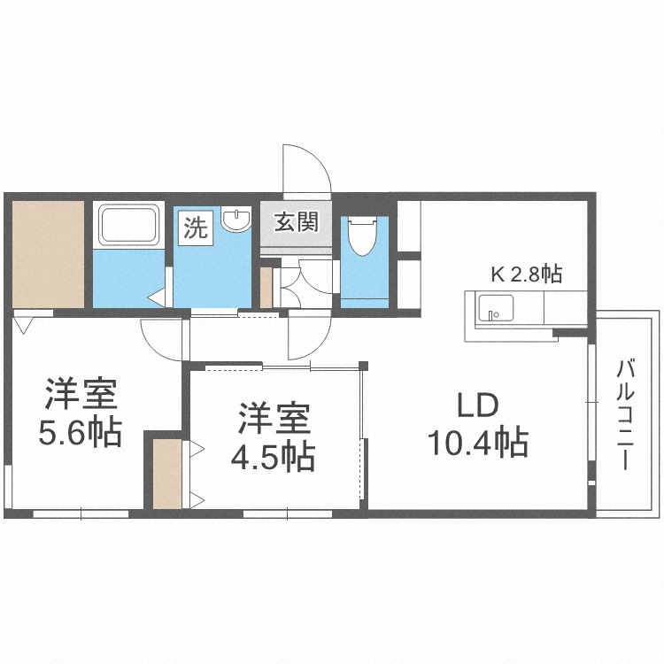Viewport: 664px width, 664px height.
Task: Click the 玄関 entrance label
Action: (296, 222)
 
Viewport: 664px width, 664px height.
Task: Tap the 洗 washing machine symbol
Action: (196, 228)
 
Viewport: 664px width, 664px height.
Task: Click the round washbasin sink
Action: (236, 220)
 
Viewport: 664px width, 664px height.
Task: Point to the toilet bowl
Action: (361, 235)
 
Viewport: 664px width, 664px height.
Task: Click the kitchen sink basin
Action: (496, 308)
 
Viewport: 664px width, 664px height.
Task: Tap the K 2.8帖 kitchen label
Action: (527, 274)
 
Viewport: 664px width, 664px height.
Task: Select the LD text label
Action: (478, 405)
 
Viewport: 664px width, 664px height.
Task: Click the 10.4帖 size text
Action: (478, 443)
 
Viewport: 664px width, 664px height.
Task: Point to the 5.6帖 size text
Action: (81, 433)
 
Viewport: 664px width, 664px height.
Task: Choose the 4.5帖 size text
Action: (273, 457)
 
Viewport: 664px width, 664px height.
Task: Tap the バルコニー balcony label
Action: (625, 414)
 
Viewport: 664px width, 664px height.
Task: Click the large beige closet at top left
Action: (48, 254)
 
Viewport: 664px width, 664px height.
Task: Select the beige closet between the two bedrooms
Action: (166, 474)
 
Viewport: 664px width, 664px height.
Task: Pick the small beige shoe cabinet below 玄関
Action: (266, 288)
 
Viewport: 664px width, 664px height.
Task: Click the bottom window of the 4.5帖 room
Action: (288, 514)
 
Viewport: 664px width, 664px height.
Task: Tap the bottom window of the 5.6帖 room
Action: (81, 514)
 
